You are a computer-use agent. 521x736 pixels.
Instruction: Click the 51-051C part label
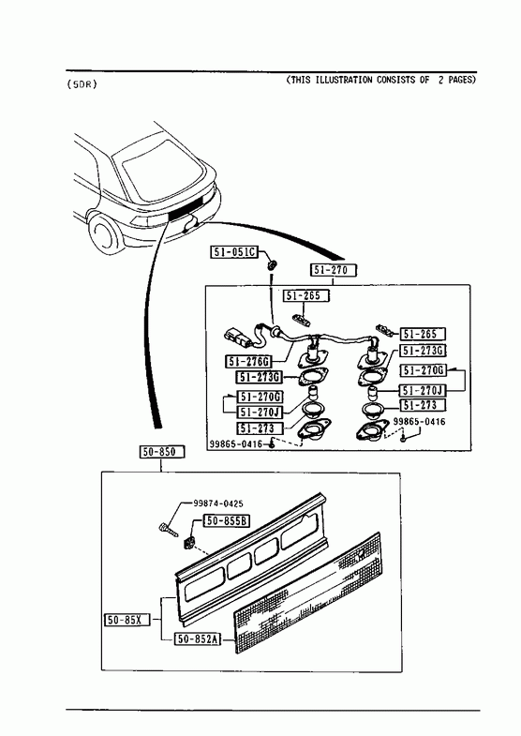[233, 252]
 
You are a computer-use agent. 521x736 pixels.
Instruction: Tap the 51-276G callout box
[248, 361]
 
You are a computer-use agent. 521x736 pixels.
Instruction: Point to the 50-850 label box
[162, 452]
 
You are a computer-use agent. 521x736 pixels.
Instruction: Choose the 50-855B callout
[226, 520]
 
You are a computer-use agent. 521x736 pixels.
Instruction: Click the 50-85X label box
[127, 620]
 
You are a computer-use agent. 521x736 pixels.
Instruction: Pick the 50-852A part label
[198, 638]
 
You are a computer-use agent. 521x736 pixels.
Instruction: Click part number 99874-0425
[218, 503]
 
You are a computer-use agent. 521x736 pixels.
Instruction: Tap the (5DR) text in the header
[82, 84]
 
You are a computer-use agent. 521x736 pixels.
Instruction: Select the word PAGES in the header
[462, 80]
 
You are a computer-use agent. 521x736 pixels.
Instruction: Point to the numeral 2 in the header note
[440, 80]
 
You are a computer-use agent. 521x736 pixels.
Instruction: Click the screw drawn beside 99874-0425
[169, 529]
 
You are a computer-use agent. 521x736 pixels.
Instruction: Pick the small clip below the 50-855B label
[189, 542]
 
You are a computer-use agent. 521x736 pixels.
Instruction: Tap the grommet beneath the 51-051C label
[272, 265]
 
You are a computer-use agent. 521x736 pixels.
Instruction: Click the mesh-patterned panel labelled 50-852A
[308, 593]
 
